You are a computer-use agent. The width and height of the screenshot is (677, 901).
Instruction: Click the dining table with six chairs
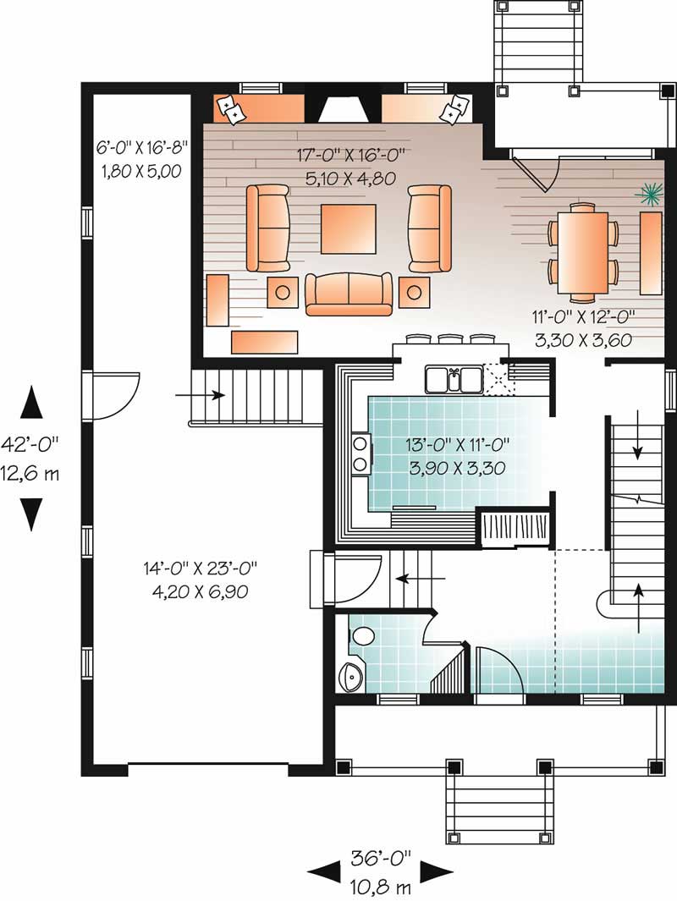(x=583, y=250)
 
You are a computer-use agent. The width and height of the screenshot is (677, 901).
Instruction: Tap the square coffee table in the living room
(x=349, y=228)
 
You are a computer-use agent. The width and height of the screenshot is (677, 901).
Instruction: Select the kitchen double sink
(x=454, y=379)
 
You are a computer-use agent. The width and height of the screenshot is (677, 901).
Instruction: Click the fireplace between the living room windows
(x=343, y=108)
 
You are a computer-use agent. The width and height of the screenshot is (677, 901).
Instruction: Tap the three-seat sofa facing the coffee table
(x=349, y=294)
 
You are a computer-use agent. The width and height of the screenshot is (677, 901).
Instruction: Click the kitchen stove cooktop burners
(x=360, y=452)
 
